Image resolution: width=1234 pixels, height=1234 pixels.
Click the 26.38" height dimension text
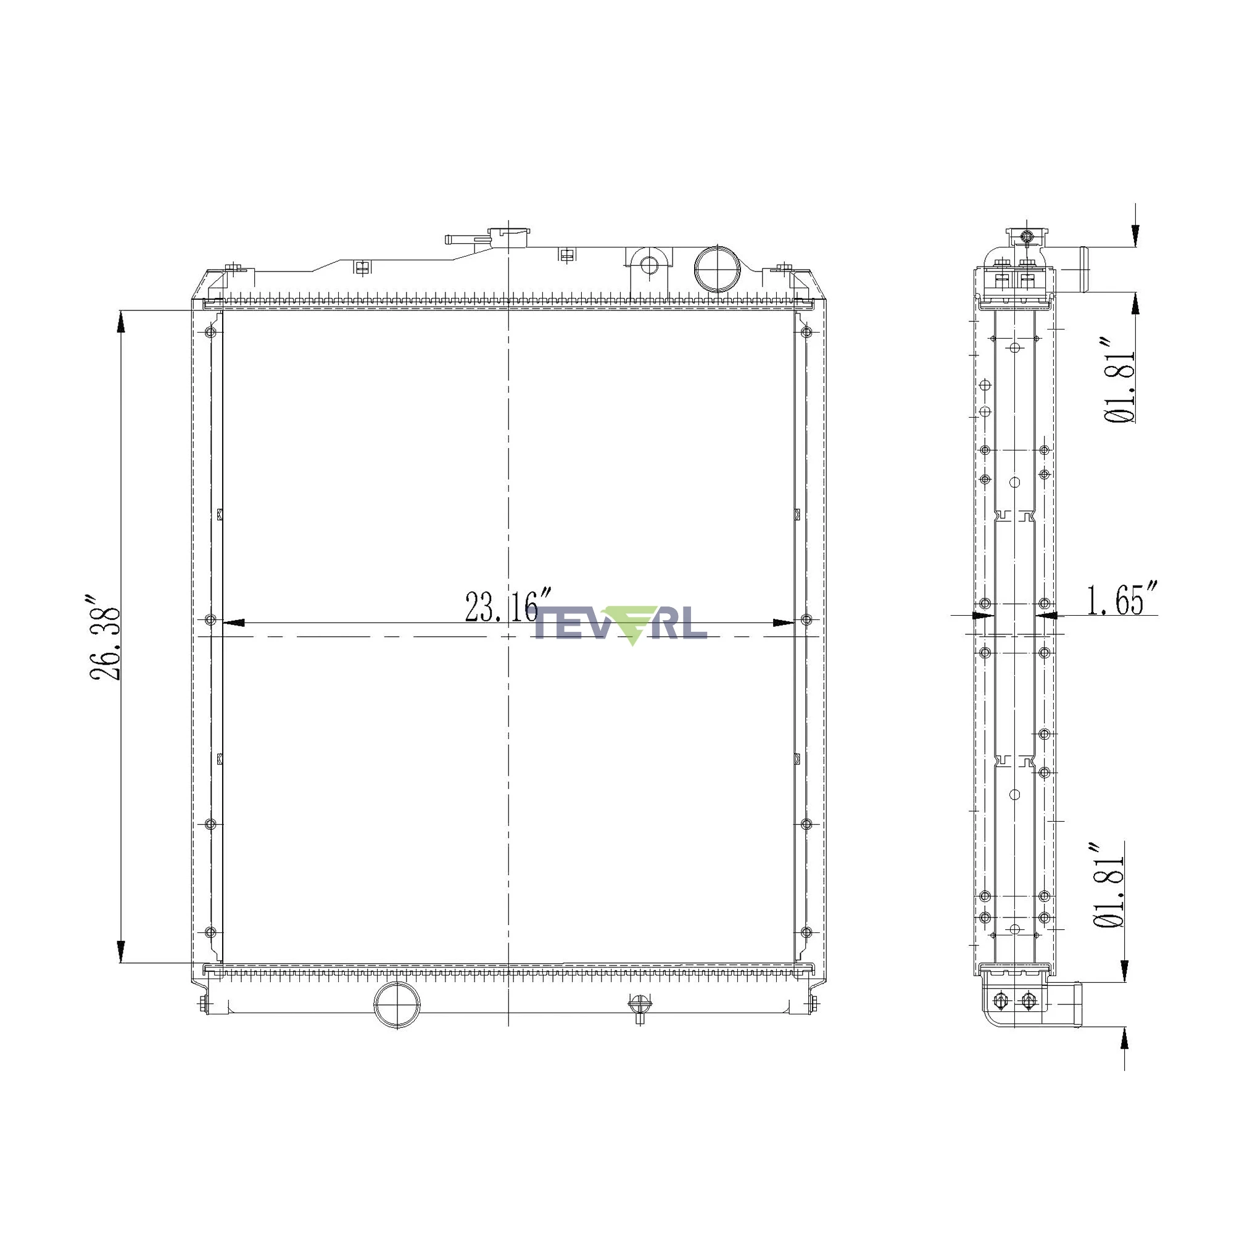[105, 639]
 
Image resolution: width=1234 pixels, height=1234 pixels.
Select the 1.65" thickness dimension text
[1122, 598]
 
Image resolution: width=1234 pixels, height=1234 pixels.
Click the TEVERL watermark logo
[620, 624]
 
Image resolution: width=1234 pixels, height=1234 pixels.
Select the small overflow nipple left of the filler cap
[459, 239]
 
